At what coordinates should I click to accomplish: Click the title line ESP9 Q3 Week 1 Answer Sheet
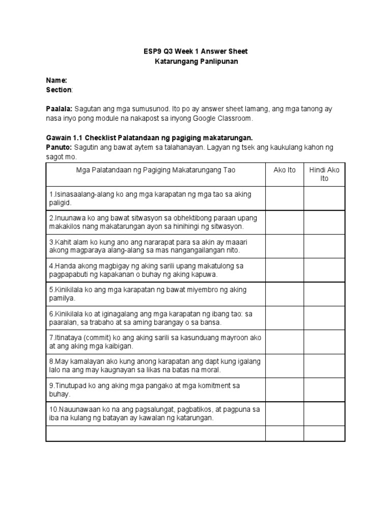pyautogui.click(x=196, y=52)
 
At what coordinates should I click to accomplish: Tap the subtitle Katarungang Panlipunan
pyautogui.click(x=196, y=62)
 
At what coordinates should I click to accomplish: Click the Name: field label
pyautogui.click(x=57, y=81)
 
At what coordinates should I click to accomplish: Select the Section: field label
pyautogui.click(x=60, y=90)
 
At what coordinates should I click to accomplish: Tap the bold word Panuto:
pyautogui.click(x=59, y=147)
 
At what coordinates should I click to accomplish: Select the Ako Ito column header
pyautogui.click(x=284, y=170)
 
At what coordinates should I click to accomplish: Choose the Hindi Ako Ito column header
pyautogui.click(x=324, y=174)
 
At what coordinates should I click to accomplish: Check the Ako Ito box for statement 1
pyautogui.click(x=284, y=198)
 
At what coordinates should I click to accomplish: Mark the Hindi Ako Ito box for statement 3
pyautogui.click(x=324, y=246)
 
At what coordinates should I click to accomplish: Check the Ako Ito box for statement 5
pyautogui.click(x=284, y=294)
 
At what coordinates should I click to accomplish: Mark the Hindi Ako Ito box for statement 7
pyautogui.click(x=324, y=342)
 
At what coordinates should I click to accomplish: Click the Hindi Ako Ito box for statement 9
pyautogui.click(x=324, y=389)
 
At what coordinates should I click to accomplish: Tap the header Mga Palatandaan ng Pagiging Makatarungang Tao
pyautogui.click(x=156, y=170)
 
